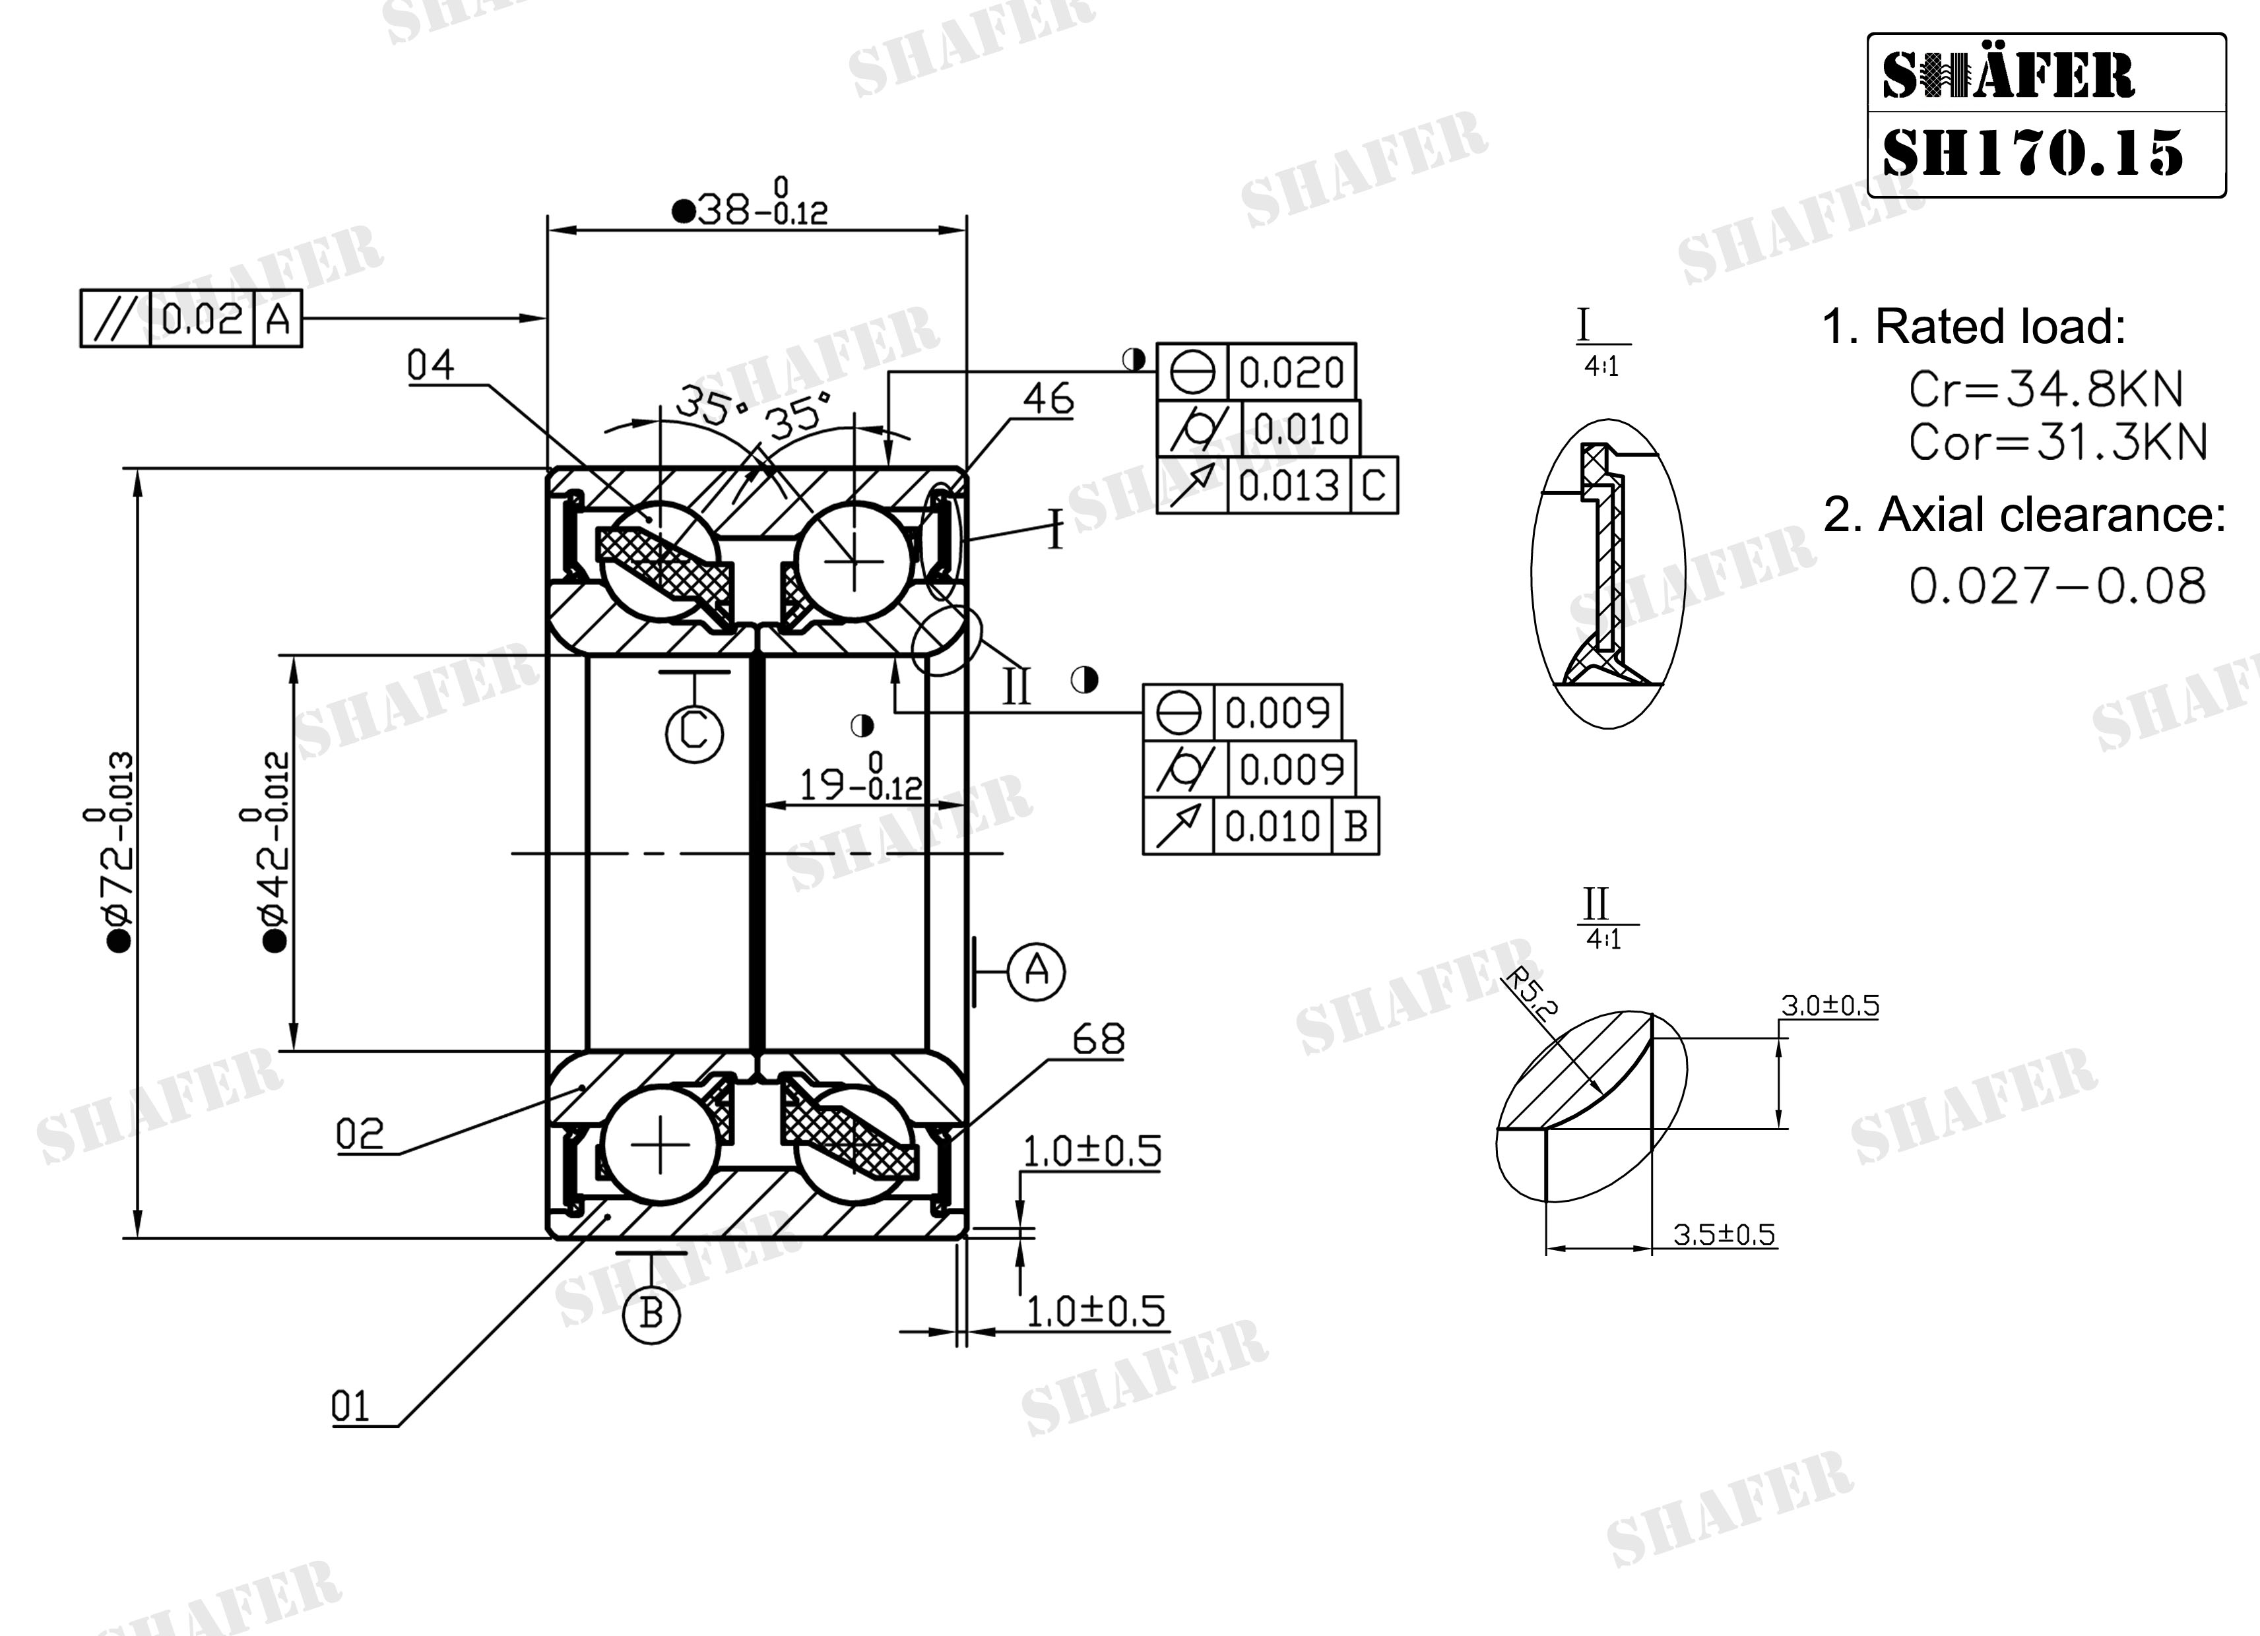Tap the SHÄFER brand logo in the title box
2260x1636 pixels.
coord(2008,76)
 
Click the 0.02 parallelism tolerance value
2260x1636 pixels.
coord(203,319)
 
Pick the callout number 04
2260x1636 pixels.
coord(430,365)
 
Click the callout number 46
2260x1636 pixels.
coord(1049,400)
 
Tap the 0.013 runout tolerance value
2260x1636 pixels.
coord(1289,486)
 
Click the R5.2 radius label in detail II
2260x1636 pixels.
coord(1528,994)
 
